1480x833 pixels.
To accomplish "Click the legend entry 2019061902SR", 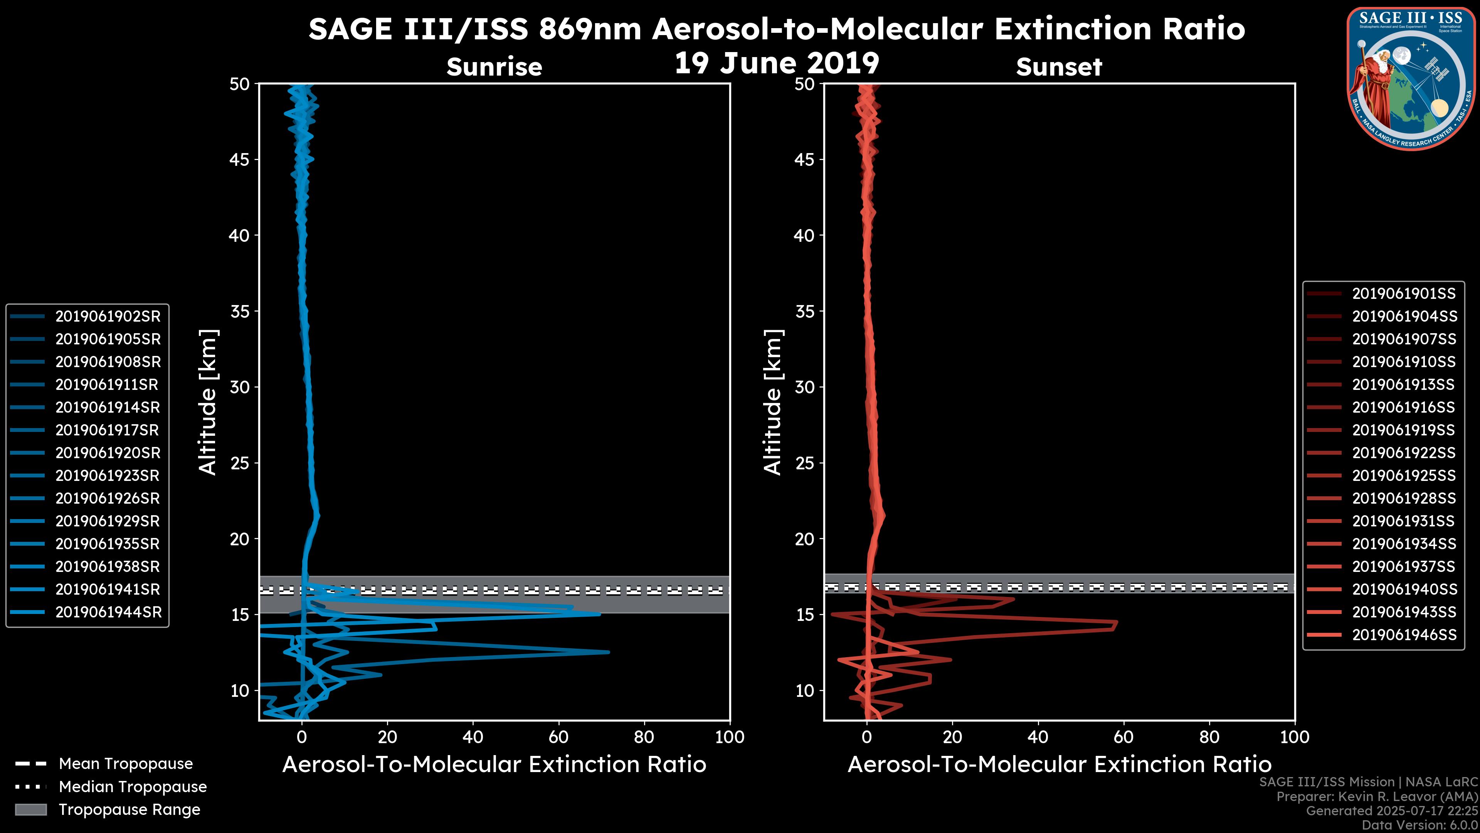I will [108, 316].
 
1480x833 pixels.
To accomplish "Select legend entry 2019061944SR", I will [108, 612].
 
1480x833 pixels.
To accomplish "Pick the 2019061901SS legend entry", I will [1404, 294].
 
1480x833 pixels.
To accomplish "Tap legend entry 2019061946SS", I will [1404, 635].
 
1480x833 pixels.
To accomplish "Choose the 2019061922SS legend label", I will [1404, 453].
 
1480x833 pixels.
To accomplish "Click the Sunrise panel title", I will [494, 67].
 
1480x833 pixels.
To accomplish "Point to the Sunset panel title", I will [1059, 67].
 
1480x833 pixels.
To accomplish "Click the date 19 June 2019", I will [776, 63].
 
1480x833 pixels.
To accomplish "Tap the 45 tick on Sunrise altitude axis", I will [240, 159].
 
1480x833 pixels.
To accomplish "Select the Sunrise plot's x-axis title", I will [494, 765].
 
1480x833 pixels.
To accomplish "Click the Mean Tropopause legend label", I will [126, 764].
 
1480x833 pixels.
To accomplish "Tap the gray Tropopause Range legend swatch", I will [30, 809].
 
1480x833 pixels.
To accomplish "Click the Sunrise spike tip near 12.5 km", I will [608, 652].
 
